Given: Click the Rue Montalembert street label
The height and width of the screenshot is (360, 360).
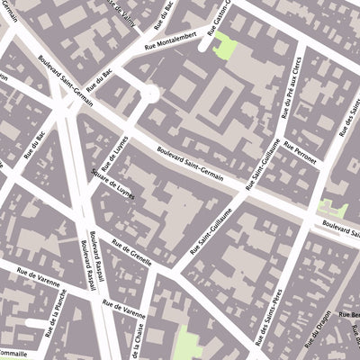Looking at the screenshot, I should click(176, 53).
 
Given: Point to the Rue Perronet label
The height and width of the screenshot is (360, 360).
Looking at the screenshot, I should click(300, 154).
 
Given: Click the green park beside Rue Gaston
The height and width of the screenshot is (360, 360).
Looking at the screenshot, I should click(223, 48).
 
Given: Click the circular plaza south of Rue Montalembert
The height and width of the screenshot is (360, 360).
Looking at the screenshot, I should click(149, 92).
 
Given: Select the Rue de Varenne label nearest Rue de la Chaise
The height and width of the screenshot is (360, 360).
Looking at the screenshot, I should click(123, 311).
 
